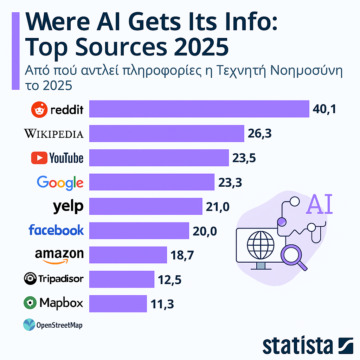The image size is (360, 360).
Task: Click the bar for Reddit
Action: (x=199, y=109)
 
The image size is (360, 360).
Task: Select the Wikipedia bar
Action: (x=167, y=133)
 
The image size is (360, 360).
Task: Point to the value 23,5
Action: (x=244, y=158)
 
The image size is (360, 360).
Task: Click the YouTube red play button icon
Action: (x=39, y=158)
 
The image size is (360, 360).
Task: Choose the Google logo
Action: (x=60, y=182)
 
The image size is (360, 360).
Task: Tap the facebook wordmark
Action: (x=56, y=230)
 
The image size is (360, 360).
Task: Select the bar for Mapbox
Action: (x=118, y=303)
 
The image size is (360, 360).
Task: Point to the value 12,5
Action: (x=170, y=279)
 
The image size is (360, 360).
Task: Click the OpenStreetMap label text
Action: (x=59, y=325)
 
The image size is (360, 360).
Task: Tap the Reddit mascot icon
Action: (x=39, y=110)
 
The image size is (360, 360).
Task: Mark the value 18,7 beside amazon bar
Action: (x=182, y=255)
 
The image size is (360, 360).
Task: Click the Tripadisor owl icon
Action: (x=30, y=279)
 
